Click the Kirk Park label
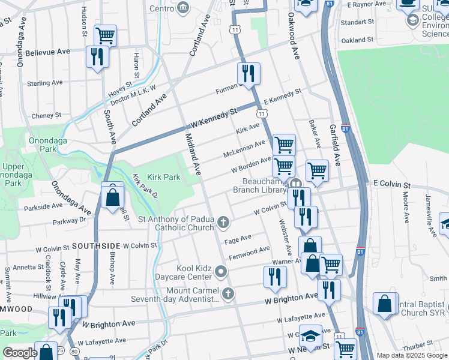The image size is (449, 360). tap(164, 178)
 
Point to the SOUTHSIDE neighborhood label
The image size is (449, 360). tap(97, 246)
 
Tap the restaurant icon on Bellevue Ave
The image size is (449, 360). tap(97, 56)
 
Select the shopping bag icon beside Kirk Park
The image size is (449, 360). tap(112, 196)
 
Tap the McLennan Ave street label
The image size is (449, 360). tap(244, 148)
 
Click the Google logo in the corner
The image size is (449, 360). tap(20, 353)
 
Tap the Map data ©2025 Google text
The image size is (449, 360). tap(411, 355)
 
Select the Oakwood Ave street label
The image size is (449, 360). tap(294, 36)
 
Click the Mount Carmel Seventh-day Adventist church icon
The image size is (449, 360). tap(227, 294)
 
